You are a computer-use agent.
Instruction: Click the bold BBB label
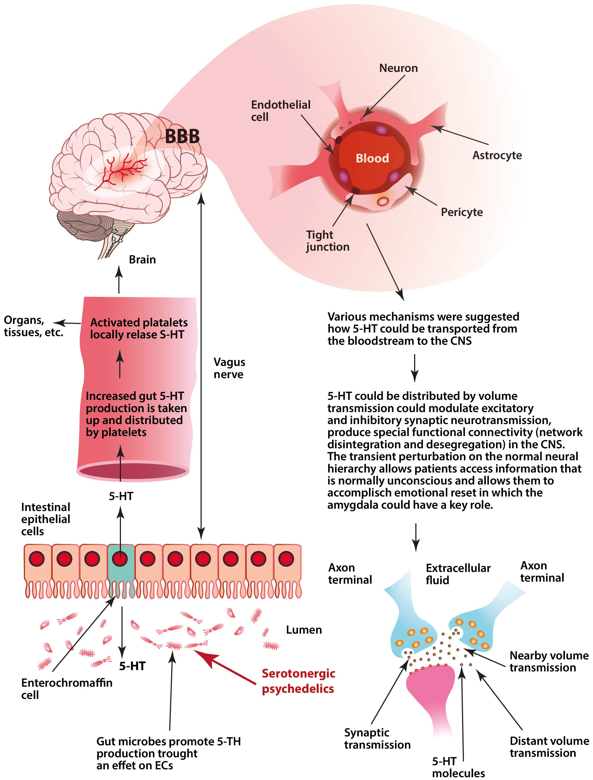pos(182,136)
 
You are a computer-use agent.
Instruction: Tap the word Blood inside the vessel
pos(372,158)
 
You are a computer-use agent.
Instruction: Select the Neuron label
pos(398,68)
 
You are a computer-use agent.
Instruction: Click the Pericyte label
pos(462,212)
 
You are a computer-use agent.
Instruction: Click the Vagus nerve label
pos(229,368)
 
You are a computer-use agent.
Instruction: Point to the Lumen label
pos(304,630)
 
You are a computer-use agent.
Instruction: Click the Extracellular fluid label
pos(458,574)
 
